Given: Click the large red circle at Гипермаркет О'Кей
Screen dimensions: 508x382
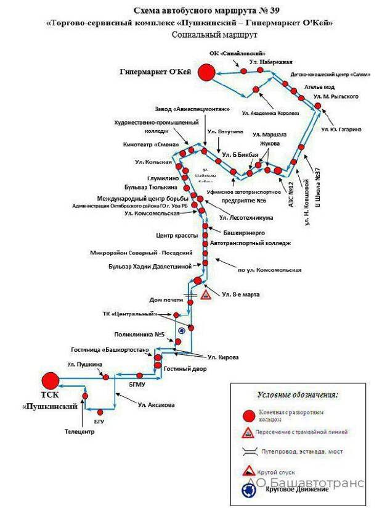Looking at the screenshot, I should coord(206,73).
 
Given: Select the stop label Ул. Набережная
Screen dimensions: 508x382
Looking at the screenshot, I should coord(270,62).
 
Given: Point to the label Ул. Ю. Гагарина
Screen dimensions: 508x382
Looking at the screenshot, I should coord(341,129).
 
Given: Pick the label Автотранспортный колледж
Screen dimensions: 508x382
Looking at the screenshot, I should coord(250,243).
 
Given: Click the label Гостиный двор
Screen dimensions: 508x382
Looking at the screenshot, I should coord(185,369).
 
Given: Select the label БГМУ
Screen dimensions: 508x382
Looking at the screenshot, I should coord(137,385).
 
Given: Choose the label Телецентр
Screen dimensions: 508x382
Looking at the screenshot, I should coord(79,431).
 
